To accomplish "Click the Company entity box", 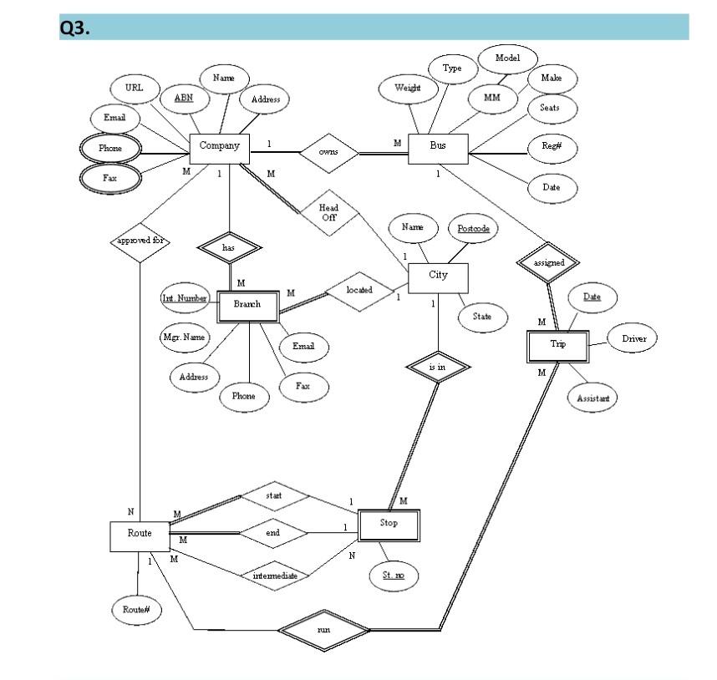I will [x=219, y=145].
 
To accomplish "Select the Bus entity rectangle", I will [x=438, y=145].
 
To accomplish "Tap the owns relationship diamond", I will [x=328, y=152].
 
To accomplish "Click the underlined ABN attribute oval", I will [x=183, y=99].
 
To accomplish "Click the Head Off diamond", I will [x=328, y=212].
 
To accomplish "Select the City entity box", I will [x=438, y=275].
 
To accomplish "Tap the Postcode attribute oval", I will [x=473, y=228].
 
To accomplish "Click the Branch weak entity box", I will [x=247, y=305].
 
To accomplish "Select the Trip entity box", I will [x=558, y=345].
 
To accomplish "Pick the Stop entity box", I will [x=388, y=525].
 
